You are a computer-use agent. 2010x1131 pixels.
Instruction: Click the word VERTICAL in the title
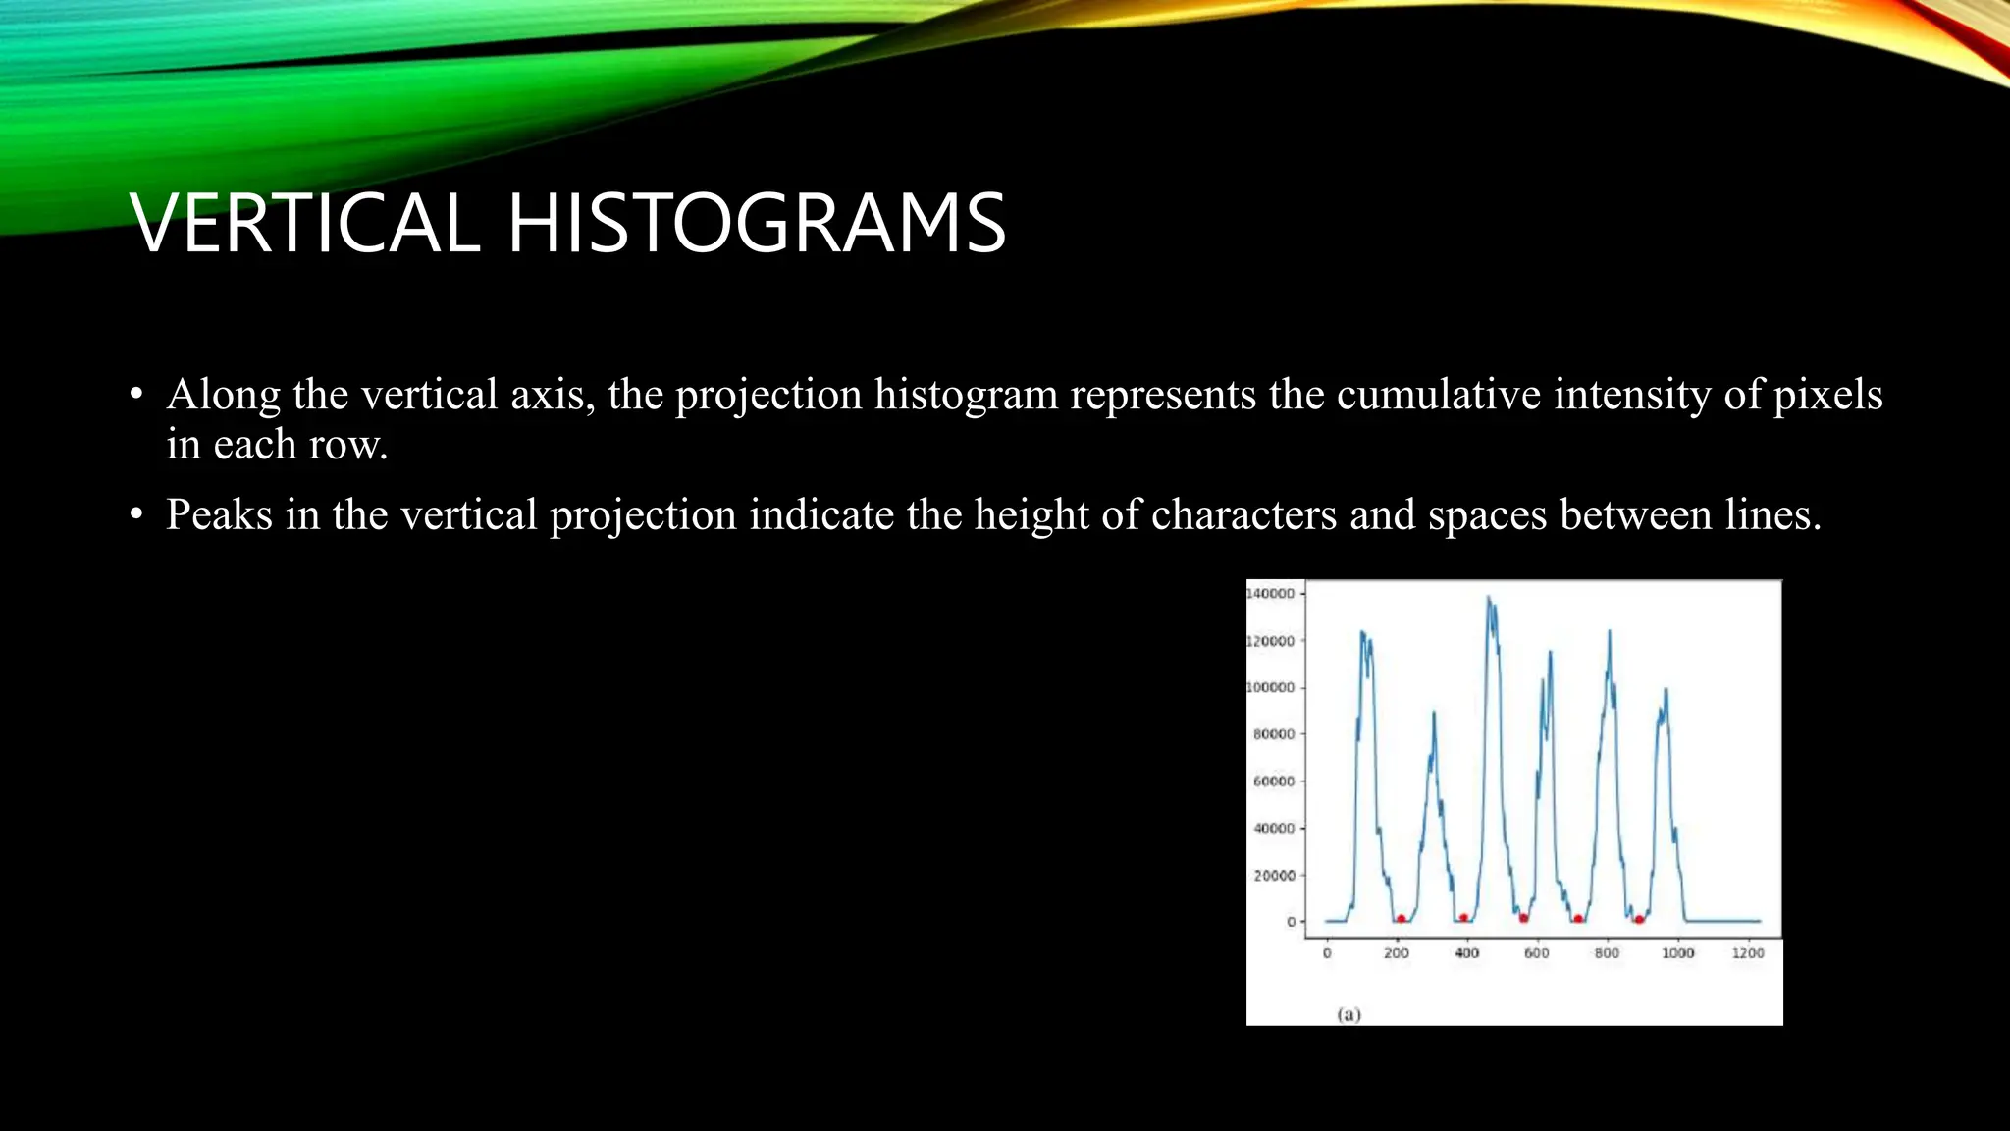click(x=304, y=224)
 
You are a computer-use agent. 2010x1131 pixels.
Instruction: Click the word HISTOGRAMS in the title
click(x=757, y=224)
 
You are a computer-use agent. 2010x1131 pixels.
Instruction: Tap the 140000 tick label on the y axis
click(x=1270, y=594)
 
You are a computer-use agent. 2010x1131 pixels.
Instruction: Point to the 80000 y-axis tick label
click(x=1274, y=734)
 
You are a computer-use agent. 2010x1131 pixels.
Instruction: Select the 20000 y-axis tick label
click(x=1274, y=875)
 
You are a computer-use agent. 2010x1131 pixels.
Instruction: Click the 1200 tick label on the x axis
click(x=1748, y=953)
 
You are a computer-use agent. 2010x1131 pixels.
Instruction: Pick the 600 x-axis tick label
click(x=1537, y=953)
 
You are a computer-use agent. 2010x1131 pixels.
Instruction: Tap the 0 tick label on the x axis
click(x=1327, y=953)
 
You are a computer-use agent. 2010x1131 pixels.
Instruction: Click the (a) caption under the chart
click(x=1349, y=1014)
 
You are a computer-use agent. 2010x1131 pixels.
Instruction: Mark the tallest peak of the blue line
click(x=1489, y=597)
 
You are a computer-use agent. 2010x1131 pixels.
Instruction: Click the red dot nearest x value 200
click(x=1401, y=919)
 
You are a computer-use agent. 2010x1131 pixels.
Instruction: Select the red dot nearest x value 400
click(x=1463, y=918)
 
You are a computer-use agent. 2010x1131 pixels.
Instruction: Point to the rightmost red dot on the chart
click(x=1639, y=919)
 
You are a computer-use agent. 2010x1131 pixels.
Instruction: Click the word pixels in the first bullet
click(x=1827, y=395)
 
